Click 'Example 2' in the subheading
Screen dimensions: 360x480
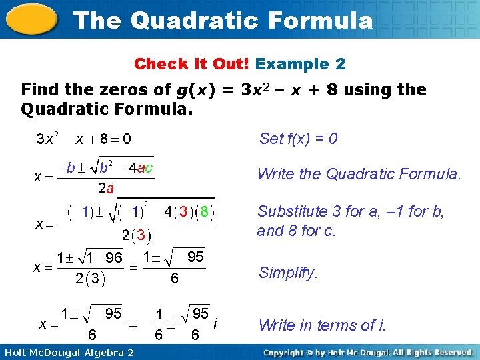click(301, 64)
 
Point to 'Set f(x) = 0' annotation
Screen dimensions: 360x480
click(298, 139)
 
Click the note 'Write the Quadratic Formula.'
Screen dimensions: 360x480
click(359, 175)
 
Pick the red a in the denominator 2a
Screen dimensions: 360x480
click(110, 189)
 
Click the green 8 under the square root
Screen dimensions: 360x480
click(205, 212)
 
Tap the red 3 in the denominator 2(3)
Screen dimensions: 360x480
click(141, 235)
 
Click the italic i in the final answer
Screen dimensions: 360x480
click(215, 324)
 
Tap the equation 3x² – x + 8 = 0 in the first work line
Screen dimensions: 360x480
click(83, 139)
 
